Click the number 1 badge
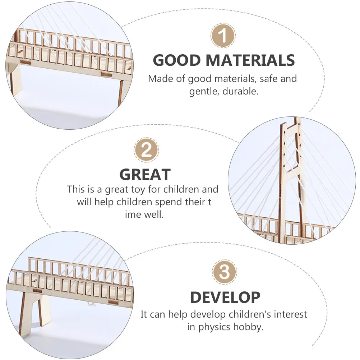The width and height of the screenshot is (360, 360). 223,36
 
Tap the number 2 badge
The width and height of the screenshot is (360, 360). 146,150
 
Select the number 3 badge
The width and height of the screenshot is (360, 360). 224,272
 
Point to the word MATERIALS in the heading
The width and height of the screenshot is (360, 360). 250,60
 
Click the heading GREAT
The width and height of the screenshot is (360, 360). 145,175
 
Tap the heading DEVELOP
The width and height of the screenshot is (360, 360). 225,297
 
